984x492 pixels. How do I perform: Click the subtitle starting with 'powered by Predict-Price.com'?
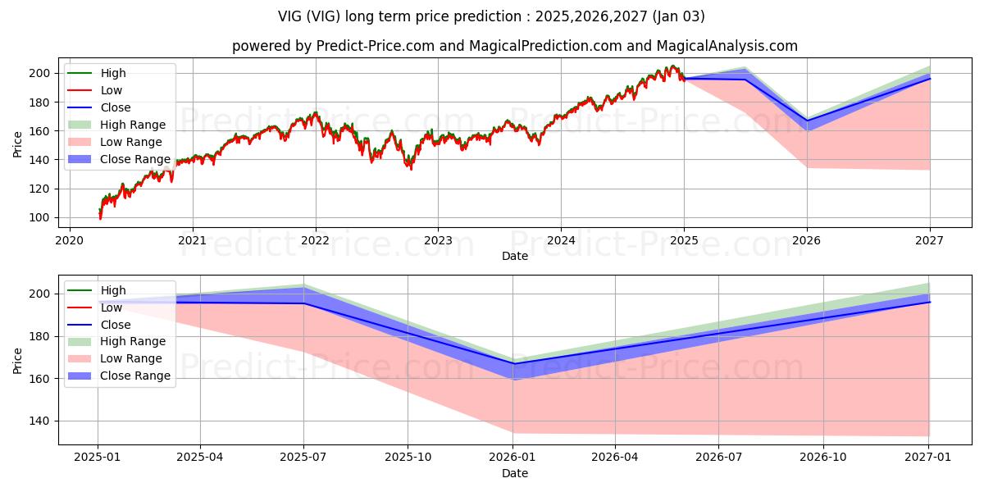(x=514, y=46)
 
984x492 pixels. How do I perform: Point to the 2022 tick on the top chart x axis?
(x=315, y=241)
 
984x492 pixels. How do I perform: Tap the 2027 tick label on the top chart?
(x=929, y=241)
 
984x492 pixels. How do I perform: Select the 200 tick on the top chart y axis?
(x=39, y=73)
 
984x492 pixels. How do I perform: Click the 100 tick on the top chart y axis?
(x=39, y=217)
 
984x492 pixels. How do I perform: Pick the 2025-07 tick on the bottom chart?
(x=303, y=458)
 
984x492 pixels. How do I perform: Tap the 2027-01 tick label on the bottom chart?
(x=928, y=458)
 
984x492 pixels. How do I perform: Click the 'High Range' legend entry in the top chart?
(x=133, y=125)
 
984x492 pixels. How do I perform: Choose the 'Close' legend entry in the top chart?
(x=116, y=107)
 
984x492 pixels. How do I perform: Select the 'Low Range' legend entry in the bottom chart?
(x=131, y=358)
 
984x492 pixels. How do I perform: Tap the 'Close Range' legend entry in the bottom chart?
(x=135, y=376)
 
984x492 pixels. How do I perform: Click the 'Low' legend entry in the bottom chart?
(x=112, y=307)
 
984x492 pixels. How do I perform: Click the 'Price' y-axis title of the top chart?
(x=18, y=144)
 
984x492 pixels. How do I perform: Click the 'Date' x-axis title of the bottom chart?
(x=514, y=473)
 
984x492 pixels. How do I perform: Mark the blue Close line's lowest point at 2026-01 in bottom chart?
(x=513, y=363)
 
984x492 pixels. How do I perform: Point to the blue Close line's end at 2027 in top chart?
(x=929, y=79)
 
